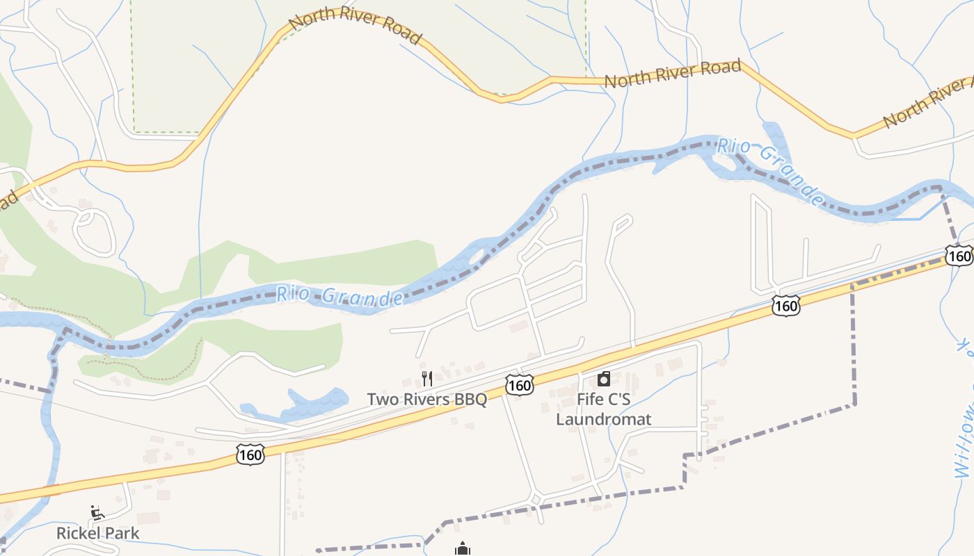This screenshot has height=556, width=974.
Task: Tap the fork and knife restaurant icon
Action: (427, 379)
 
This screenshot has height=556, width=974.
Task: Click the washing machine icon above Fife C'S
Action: (603, 379)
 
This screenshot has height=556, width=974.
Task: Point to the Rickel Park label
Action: (97, 533)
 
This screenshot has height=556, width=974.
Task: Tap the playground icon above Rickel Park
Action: (97, 514)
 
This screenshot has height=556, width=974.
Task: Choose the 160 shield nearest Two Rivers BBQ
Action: (519, 384)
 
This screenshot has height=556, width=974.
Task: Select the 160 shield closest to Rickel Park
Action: (250, 455)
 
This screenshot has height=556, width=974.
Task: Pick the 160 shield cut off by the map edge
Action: (960, 256)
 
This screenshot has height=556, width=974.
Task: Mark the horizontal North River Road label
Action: (672, 74)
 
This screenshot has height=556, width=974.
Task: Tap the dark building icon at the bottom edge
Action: (463, 550)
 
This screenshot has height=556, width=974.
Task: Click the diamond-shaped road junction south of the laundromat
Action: (535, 499)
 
